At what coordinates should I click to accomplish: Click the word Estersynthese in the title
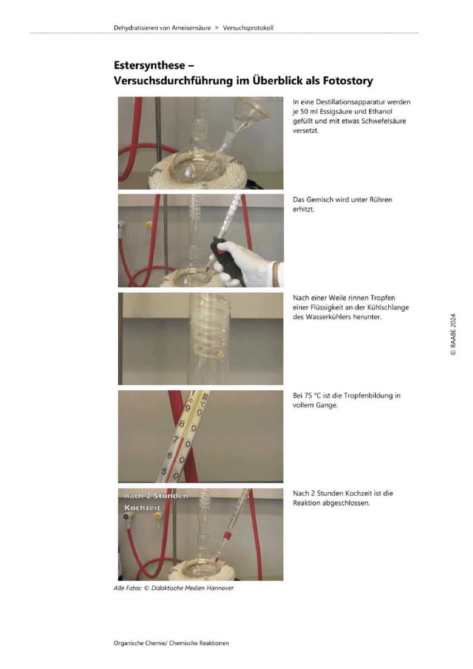tap(149, 66)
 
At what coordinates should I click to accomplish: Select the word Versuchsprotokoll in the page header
tap(248, 28)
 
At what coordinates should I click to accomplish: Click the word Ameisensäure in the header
tap(191, 28)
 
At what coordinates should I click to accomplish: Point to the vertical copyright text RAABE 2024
tap(453, 334)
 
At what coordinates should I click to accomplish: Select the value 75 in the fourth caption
tap(308, 395)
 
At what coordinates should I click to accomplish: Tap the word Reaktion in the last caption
tap(305, 503)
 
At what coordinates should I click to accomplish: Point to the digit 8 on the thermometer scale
tap(182, 424)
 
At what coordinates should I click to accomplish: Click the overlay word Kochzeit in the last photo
tap(142, 508)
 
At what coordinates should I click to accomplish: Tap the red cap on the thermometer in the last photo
tap(228, 535)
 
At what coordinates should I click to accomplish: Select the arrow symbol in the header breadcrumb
tap(217, 28)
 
